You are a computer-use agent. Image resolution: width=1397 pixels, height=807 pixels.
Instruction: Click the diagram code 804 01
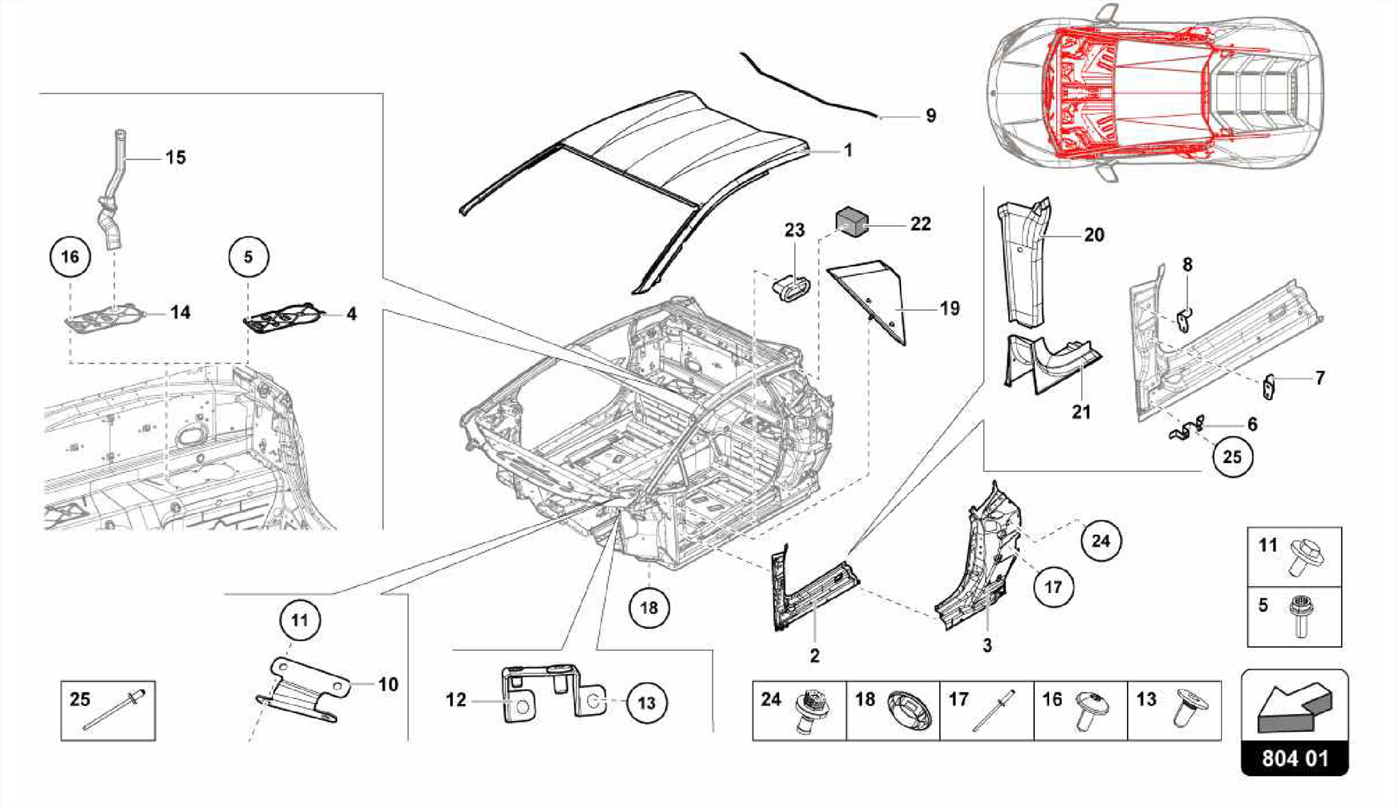click(x=1295, y=758)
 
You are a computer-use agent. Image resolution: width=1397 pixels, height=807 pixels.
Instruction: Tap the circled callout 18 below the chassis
click(x=649, y=607)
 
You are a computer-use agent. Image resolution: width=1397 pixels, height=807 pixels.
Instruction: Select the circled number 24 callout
click(x=1101, y=541)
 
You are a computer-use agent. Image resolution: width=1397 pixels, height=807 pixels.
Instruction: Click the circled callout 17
click(x=1053, y=587)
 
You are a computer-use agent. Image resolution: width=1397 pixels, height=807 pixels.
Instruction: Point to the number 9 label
click(x=931, y=116)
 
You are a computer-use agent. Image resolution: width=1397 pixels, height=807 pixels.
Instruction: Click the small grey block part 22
click(x=852, y=221)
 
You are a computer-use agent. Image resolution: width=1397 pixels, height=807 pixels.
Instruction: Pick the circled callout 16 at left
click(x=70, y=257)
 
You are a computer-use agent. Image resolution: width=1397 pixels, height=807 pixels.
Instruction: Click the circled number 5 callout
click(x=248, y=257)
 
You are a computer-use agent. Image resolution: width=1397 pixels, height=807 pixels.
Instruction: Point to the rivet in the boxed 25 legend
click(x=114, y=710)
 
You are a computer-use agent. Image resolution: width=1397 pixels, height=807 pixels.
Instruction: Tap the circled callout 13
click(x=646, y=703)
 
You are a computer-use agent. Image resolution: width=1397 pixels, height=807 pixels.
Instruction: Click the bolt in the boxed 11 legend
click(x=1305, y=557)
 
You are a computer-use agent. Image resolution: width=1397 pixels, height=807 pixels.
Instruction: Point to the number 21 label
click(x=1081, y=412)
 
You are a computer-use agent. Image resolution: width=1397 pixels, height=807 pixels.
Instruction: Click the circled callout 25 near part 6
click(x=1232, y=456)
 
